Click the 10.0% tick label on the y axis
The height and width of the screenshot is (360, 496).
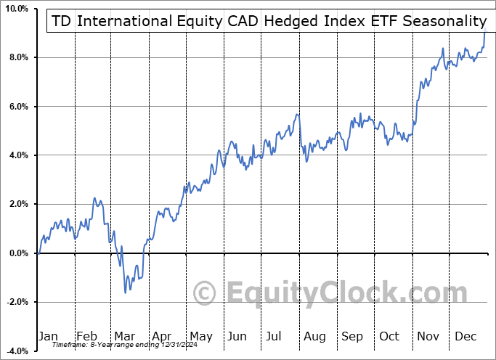[x=16, y=8]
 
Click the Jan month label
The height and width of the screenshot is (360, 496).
[x=48, y=336]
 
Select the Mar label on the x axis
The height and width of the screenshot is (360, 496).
[x=125, y=336]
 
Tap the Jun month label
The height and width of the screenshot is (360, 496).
[x=237, y=336]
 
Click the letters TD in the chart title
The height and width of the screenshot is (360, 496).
[x=62, y=21]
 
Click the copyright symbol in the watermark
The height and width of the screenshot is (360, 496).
[x=205, y=293]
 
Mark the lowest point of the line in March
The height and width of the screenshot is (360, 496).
[x=125, y=292]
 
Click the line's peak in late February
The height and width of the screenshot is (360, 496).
[x=94, y=198]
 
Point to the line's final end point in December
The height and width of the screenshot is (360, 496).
[x=486, y=32]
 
